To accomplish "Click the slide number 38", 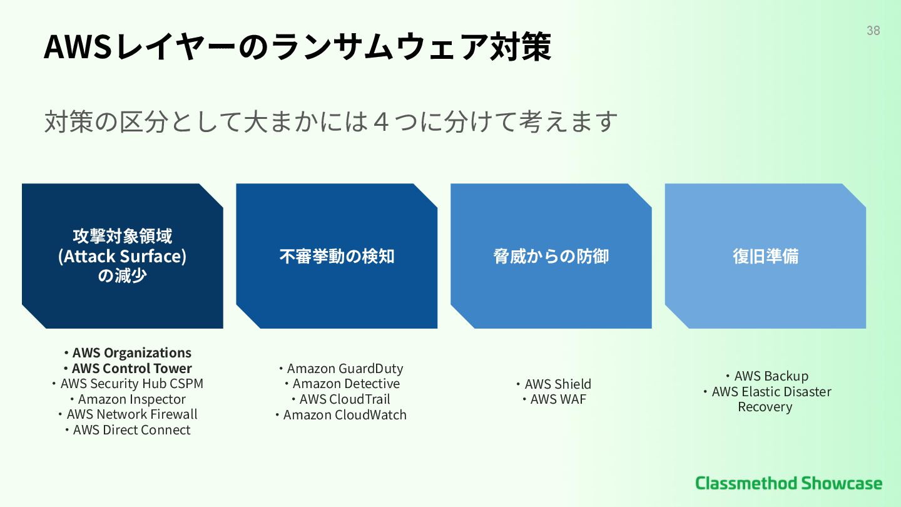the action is (873, 30).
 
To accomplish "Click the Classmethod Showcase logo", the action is (788, 483).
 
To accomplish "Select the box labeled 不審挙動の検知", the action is (337, 256).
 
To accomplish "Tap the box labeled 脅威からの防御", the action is (551, 256).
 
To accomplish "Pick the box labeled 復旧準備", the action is (765, 256).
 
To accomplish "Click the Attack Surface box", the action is (123, 256).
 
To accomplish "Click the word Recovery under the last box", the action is (765, 407).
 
